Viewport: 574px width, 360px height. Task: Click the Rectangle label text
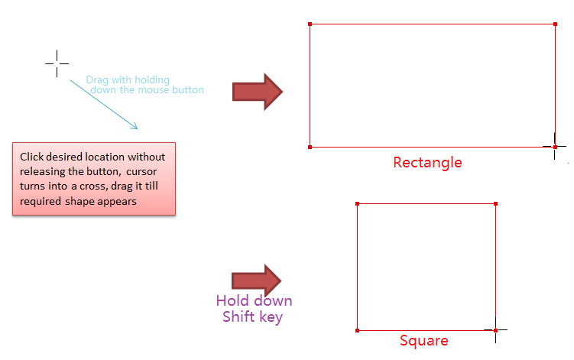(427, 162)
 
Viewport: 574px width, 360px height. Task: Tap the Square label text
(423, 341)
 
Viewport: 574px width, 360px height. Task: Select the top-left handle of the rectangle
(310, 24)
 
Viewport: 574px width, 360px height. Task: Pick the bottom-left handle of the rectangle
(310, 147)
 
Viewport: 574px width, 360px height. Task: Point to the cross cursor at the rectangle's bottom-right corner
(555, 146)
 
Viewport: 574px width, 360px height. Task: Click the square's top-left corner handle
(357, 203)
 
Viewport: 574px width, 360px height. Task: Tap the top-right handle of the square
(496, 203)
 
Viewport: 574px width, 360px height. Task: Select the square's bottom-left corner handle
(357, 330)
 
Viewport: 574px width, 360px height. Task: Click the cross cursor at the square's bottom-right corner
(495, 330)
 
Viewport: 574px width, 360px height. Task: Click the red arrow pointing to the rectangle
(258, 92)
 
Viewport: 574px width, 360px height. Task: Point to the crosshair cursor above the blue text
(57, 63)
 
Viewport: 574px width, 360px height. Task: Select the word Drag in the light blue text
(96, 79)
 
